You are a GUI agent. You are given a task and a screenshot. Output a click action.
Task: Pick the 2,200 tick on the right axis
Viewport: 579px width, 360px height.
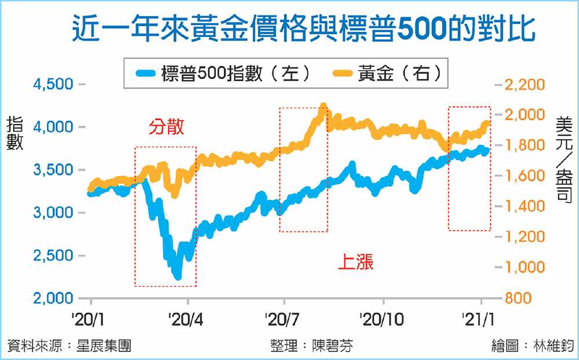click(525, 85)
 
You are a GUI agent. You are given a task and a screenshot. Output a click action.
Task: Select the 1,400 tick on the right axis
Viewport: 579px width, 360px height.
click(525, 207)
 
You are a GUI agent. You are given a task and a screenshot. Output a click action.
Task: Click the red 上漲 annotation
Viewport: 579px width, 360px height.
click(356, 263)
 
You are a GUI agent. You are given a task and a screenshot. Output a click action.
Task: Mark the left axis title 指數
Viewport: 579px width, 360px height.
click(15, 134)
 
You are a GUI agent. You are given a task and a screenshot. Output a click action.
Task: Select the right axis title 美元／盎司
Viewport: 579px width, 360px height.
click(563, 159)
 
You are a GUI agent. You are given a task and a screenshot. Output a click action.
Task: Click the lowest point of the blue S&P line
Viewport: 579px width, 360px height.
click(178, 277)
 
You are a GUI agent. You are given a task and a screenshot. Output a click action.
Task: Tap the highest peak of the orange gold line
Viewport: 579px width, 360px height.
click(323, 106)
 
